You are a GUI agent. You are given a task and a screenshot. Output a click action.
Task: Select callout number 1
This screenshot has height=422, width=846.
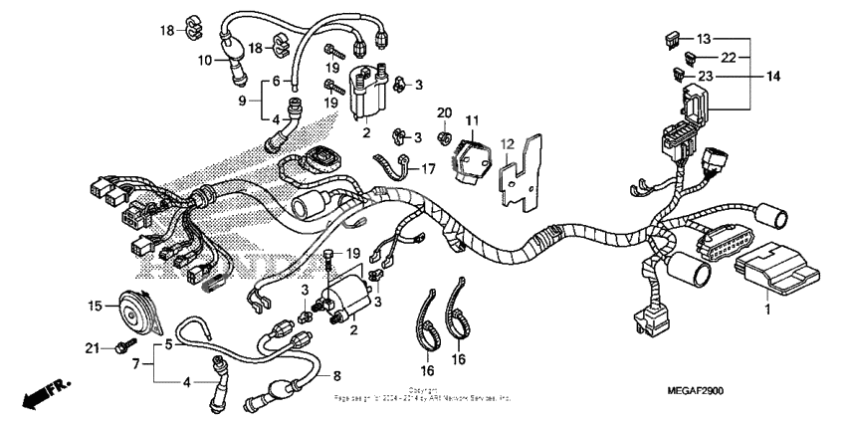(x=766, y=311)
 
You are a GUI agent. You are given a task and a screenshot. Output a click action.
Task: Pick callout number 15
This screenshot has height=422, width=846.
(x=95, y=307)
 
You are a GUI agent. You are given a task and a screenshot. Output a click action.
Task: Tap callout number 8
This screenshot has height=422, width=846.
(x=336, y=376)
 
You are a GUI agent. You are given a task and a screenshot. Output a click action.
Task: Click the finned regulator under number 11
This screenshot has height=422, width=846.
(x=470, y=156)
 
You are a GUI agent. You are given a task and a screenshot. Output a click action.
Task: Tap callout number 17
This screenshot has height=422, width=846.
(x=427, y=169)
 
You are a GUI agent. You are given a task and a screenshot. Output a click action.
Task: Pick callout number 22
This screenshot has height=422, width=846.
(x=729, y=57)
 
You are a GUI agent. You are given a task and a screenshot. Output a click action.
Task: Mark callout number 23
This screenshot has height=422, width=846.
(x=706, y=75)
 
